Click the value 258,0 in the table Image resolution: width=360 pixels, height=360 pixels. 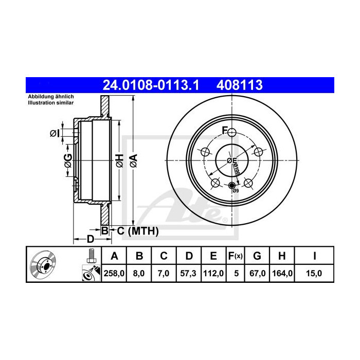click(x=115, y=274)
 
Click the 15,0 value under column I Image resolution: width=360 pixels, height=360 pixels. click(x=313, y=274)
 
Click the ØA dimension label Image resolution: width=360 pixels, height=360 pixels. click(x=133, y=160)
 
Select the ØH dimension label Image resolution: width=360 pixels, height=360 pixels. click(x=118, y=160)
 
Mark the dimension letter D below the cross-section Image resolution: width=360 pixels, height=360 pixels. click(x=90, y=239)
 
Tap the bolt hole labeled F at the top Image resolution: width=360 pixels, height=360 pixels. click(x=231, y=133)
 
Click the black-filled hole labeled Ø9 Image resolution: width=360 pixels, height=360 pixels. click(x=231, y=186)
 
